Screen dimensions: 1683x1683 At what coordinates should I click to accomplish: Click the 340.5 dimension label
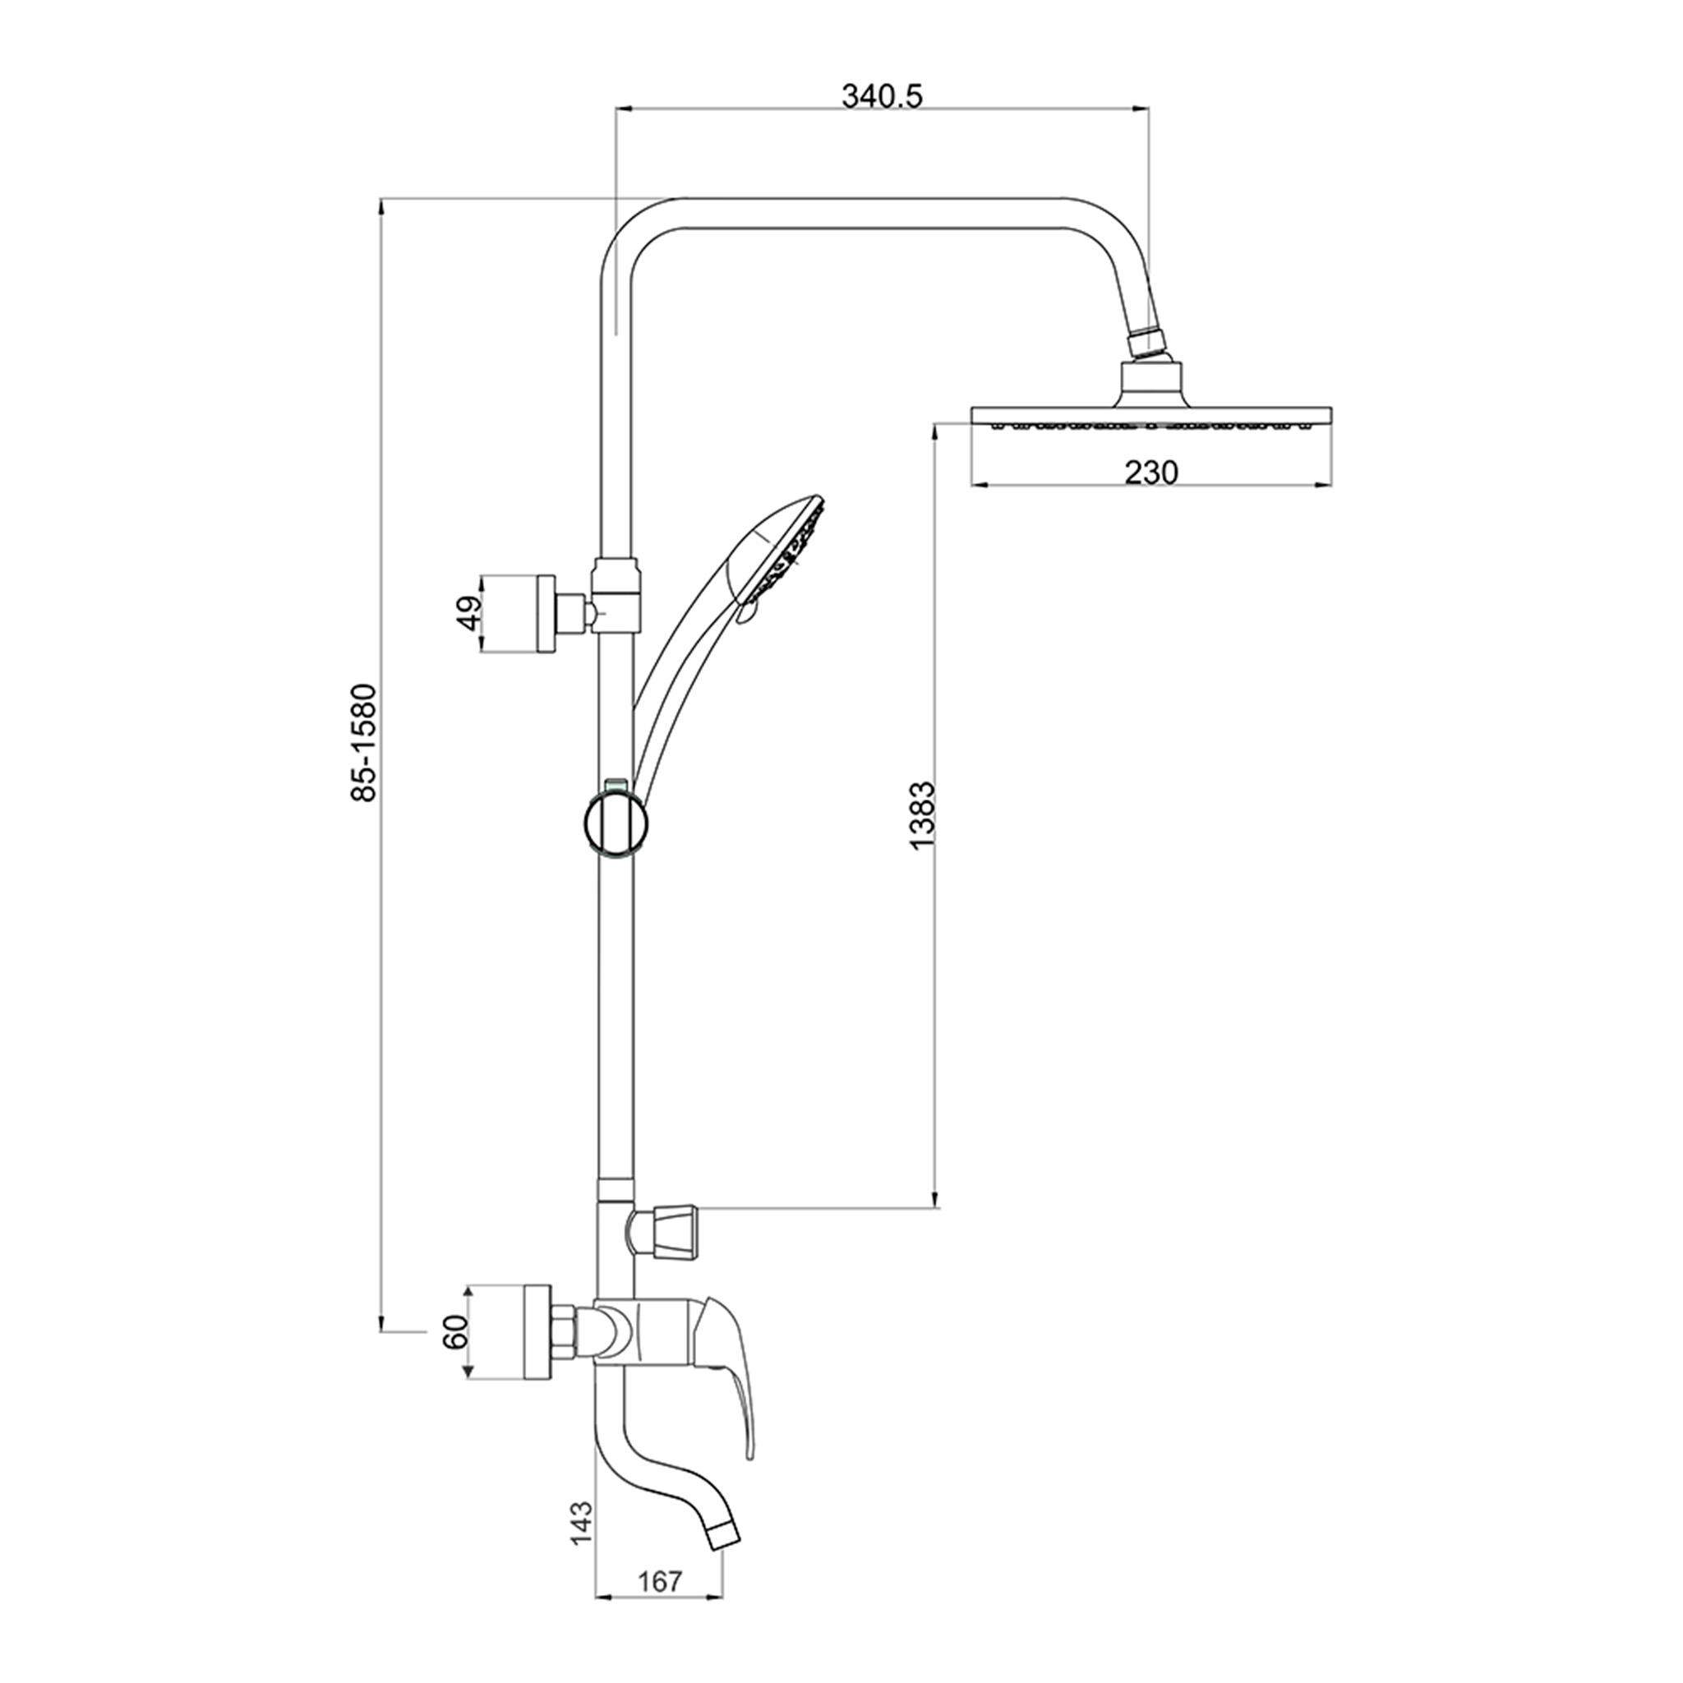[x=882, y=96]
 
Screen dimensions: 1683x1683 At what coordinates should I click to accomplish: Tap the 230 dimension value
[x=1150, y=473]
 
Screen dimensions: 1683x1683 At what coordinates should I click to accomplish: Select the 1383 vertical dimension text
[x=920, y=816]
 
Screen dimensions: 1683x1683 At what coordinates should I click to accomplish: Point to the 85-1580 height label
[x=362, y=743]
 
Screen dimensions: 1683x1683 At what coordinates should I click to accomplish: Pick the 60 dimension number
[x=455, y=1358]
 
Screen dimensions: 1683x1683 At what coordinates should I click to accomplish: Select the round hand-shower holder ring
[x=616, y=823]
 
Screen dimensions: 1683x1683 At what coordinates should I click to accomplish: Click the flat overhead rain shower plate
[x=1150, y=416]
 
